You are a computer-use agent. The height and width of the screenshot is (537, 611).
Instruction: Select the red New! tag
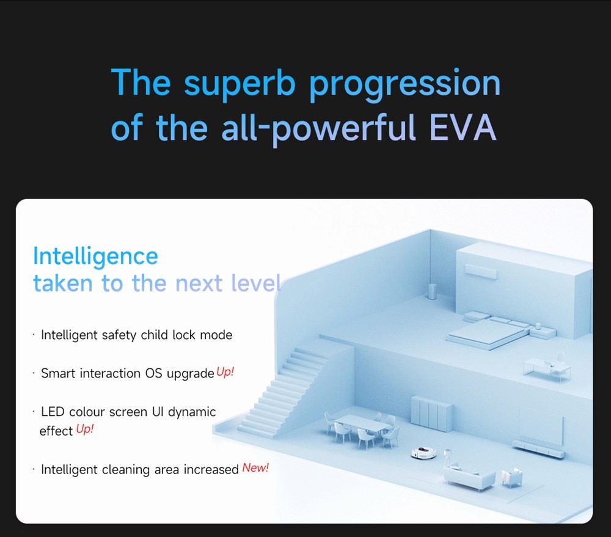click(255, 469)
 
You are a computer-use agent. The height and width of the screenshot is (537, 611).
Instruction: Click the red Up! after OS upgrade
click(225, 372)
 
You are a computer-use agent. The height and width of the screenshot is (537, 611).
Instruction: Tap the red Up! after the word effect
click(85, 429)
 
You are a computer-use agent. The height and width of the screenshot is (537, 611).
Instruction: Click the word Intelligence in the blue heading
click(95, 255)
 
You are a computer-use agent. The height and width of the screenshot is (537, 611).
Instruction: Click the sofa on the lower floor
click(468, 477)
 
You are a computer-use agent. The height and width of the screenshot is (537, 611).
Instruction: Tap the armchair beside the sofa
click(512, 477)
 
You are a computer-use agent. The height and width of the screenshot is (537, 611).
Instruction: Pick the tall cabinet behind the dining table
click(432, 413)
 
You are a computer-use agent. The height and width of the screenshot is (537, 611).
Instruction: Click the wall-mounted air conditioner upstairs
click(481, 270)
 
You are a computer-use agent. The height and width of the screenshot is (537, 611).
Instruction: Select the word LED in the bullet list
click(53, 412)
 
